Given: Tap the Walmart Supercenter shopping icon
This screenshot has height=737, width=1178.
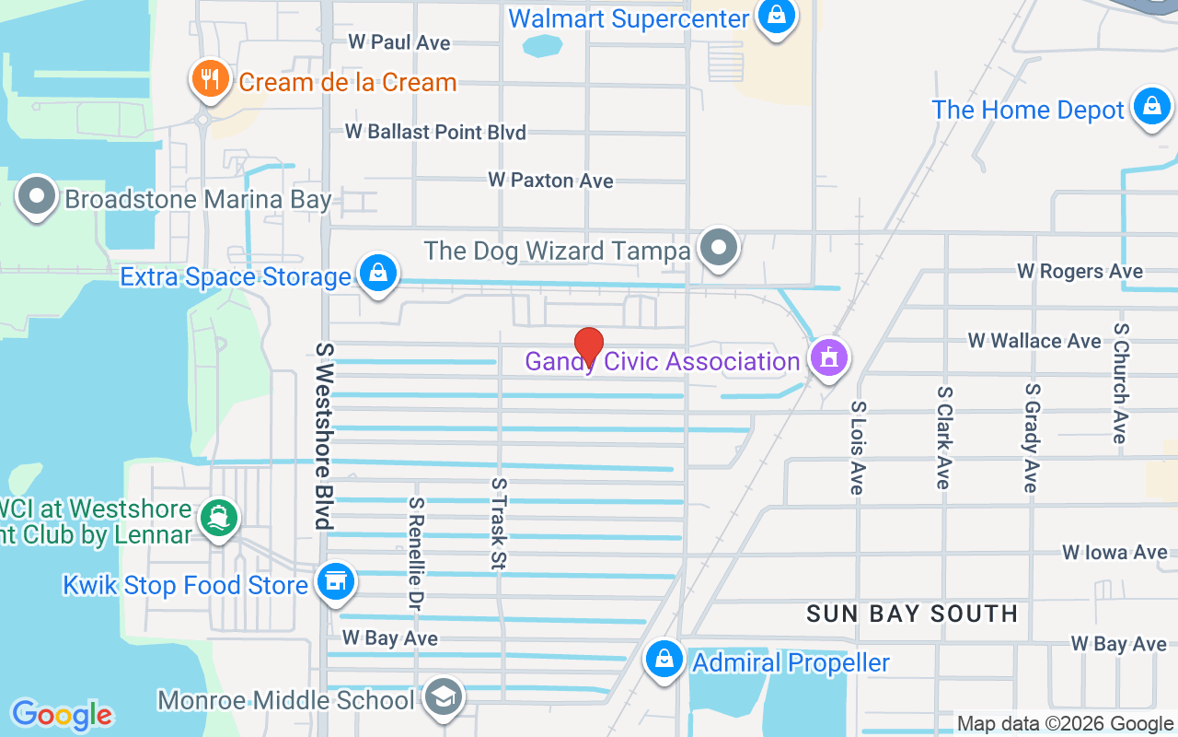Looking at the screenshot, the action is [x=777, y=17].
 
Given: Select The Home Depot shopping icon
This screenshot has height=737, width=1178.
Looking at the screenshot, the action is [x=1151, y=108].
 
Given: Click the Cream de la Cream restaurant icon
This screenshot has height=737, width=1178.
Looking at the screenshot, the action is [x=211, y=78].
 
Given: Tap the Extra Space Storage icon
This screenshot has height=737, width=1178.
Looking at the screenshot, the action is [x=377, y=274].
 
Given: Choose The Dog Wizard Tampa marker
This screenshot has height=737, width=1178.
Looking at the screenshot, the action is [x=719, y=248].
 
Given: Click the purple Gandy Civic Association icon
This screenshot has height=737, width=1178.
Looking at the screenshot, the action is [x=828, y=358].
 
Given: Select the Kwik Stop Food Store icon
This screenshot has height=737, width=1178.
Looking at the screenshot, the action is [x=335, y=582].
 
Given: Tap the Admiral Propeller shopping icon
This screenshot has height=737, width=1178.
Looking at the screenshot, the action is [x=663, y=660].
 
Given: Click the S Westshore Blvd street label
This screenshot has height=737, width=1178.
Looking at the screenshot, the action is [x=322, y=436].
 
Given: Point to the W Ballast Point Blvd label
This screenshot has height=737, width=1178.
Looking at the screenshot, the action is [x=435, y=132].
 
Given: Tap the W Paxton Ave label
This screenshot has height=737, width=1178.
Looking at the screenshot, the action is [x=550, y=181].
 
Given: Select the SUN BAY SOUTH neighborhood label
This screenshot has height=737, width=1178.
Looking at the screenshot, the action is [x=912, y=614].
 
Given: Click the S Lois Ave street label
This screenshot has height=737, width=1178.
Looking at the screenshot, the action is [x=858, y=448].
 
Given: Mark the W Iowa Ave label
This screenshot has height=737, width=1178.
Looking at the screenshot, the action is [x=1114, y=552].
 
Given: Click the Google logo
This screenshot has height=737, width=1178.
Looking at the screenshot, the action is [x=62, y=715].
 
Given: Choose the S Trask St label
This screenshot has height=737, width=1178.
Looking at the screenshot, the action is [x=499, y=522].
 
